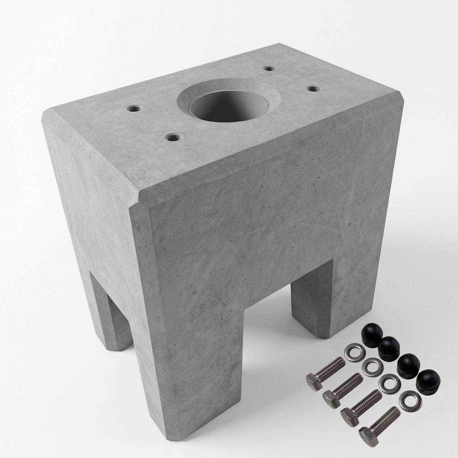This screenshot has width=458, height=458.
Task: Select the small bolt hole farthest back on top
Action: [269, 68]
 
